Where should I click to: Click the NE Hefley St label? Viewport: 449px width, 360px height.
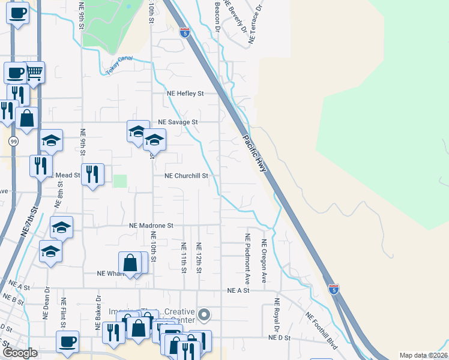coord(185,94)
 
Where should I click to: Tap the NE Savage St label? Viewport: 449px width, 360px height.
coord(178,122)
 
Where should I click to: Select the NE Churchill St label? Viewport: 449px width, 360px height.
coord(186,176)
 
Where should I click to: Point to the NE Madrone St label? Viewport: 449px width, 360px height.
coord(151,226)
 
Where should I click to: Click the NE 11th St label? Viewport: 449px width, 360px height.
coord(184,257)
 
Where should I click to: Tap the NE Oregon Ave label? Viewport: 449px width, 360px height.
coord(264,261)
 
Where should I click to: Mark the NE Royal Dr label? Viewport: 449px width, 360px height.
coord(277,316)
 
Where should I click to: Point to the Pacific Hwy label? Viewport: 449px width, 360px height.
coord(255,151)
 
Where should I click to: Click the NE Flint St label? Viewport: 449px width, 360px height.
coord(62,314)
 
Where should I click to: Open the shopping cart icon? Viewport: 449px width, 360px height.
coord(34,73)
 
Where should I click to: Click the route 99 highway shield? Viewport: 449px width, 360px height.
coord(13,142)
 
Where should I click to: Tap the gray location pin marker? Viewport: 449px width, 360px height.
coord(204,314)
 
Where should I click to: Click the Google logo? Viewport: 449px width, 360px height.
coord(20,353)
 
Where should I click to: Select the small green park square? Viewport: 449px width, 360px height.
coord(121,181)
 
